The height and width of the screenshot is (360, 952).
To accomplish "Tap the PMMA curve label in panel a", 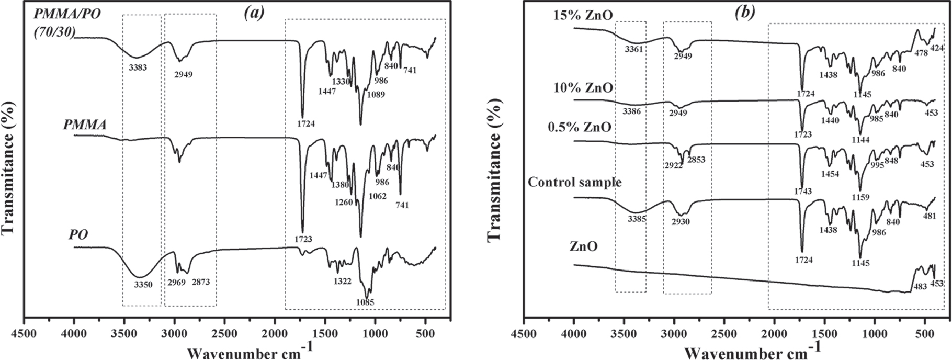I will [85, 125].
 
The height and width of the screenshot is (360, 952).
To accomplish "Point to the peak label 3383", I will [138, 67].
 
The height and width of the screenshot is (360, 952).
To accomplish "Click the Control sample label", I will [575, 183].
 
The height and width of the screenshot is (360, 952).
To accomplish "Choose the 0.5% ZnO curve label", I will [579, 128].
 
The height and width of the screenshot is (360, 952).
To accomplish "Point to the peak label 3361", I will [633, 49].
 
